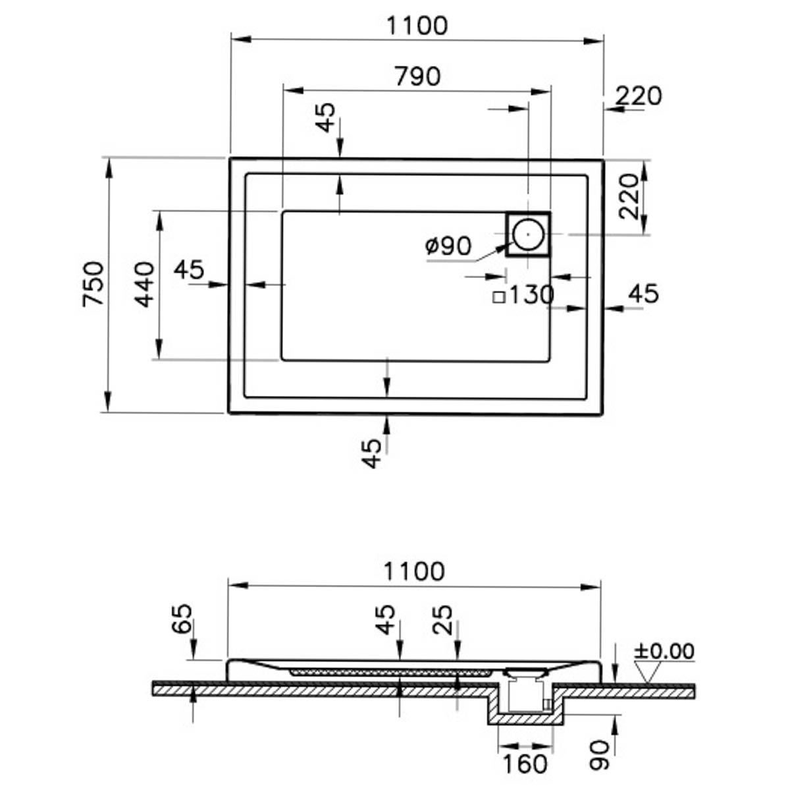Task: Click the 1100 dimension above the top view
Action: (417, 26)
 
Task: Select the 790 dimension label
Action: (417, 76)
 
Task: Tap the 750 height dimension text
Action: (93, 284)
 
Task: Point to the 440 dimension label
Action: (145, 285)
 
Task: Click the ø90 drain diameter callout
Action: (448, 246)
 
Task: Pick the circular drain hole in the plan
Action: (528, 235)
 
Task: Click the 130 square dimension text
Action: (531, 295)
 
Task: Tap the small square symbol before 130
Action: (498, 297)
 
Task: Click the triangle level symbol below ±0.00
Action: (647, 672)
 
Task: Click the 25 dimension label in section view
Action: (443, 620)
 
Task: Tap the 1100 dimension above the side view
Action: (414, 571)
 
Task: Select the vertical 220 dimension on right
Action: (629, 196)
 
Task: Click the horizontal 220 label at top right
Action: (639, 96)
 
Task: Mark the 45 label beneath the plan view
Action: (371, 453)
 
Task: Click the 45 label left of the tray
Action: (189, 269)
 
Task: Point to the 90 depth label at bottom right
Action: (599, 755)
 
